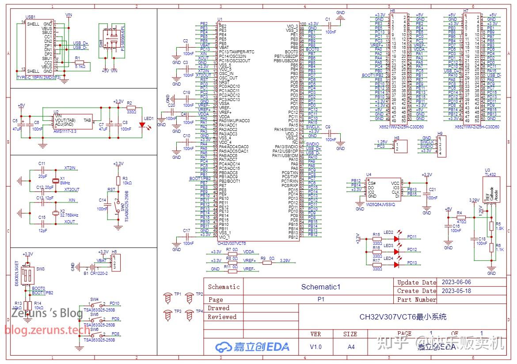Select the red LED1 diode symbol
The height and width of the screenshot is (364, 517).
pos(142,125)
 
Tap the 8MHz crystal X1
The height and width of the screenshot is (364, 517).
pos(55,180)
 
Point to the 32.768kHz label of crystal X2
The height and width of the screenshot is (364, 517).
pos(69,215)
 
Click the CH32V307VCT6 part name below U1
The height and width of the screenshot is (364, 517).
pos(232,243)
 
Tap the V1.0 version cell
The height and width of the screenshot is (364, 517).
pos(316,347)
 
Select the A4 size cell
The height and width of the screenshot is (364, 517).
pos(351,347)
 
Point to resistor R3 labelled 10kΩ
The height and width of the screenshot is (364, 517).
pos(118,180)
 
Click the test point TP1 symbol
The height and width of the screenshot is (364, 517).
pos(168,298)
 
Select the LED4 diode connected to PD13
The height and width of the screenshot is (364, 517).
pos(396,263)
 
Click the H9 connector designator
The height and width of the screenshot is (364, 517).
pos(440,133)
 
